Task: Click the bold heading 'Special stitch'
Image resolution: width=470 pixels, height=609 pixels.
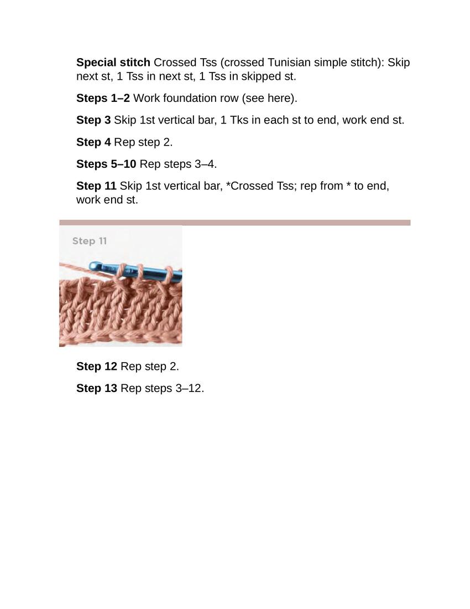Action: tap(113, 63)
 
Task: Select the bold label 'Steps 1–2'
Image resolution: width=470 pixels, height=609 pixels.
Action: tap(103, 98)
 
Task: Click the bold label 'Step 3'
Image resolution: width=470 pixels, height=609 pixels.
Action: tap(93, 120)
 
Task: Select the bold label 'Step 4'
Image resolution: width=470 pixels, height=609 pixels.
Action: tap(93, 142)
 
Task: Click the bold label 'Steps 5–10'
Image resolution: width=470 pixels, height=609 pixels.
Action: tap(106, 164)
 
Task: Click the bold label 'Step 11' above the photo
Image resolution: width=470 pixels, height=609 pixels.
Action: tap(97, 186)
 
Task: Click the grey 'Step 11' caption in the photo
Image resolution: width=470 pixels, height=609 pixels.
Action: tap(90, 241)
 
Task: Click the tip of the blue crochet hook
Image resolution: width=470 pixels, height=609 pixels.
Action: tap(91, 266)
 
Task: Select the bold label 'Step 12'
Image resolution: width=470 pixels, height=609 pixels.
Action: tap(97, 367)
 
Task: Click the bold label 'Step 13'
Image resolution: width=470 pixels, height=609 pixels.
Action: tap(97, 389)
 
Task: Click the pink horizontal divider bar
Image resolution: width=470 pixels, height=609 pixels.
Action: tap(235, 223)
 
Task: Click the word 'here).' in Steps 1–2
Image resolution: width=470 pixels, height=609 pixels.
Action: tap(283, 98)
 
